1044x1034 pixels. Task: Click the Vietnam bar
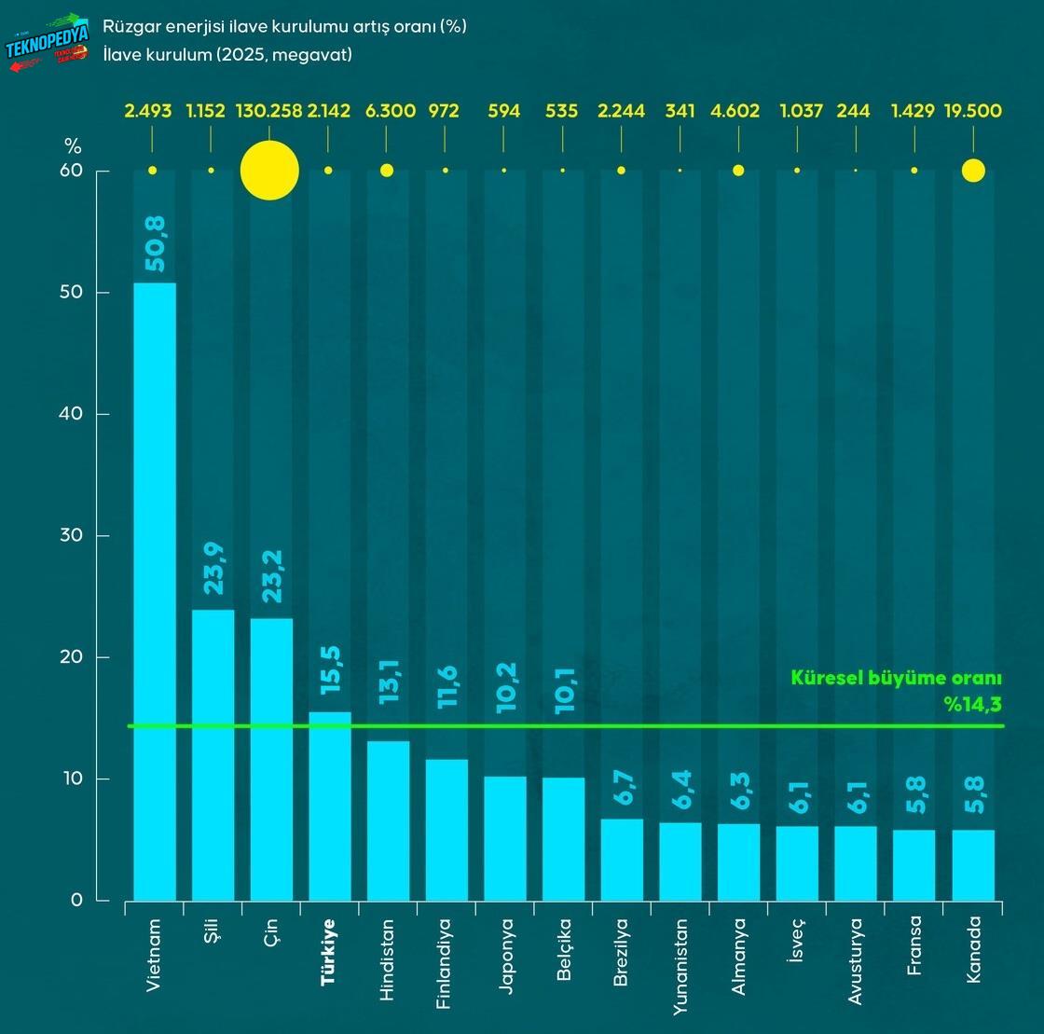tap(155, 591)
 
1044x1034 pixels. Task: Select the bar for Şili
tap(213, 754)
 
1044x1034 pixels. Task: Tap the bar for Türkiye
tap(330, 806)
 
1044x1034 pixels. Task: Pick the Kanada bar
tap(973, 864)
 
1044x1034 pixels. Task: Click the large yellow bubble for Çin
tap(269, 171)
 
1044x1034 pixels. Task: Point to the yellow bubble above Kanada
tap(973, 171)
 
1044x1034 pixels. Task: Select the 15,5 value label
tap(330, 674)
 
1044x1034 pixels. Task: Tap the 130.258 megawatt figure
tap(269, 111)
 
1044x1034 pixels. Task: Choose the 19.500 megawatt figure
tap(973, 111)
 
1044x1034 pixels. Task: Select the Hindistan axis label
tap(388, 959)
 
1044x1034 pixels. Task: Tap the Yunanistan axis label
tap(680, 966)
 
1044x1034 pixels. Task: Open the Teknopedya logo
tap(48, 41)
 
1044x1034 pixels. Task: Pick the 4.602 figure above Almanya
tap(738, 111)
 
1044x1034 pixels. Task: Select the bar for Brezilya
tap(622, 859)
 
